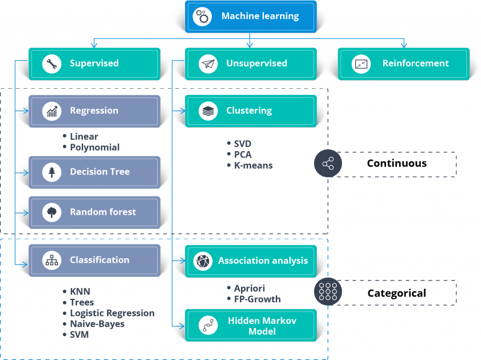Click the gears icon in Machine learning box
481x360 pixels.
[x=203, y=16]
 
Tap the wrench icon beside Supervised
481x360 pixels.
[x=52, y=63]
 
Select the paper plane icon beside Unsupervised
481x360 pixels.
[x=208, y=63]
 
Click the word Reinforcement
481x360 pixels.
[x=415, y=63]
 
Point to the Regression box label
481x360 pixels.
[x=94, y=111]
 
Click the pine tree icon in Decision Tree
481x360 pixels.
[x=52, y=172]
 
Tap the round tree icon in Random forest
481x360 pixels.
[x=52, y=212]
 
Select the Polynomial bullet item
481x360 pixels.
[x=94, y=147]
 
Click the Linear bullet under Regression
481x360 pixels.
[x=84, y=137]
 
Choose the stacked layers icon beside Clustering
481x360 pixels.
[x=208, y=111]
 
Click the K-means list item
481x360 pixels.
[x=253, y=165]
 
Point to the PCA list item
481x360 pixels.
[x=242, y=154]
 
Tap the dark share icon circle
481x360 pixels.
[x=328, y=164]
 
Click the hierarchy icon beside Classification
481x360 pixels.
[x=52, y=260]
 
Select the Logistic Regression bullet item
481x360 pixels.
[x=112, y=313]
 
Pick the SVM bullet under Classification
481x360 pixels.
[x=79, y=335]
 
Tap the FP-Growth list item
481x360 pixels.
[x=257, y=299]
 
